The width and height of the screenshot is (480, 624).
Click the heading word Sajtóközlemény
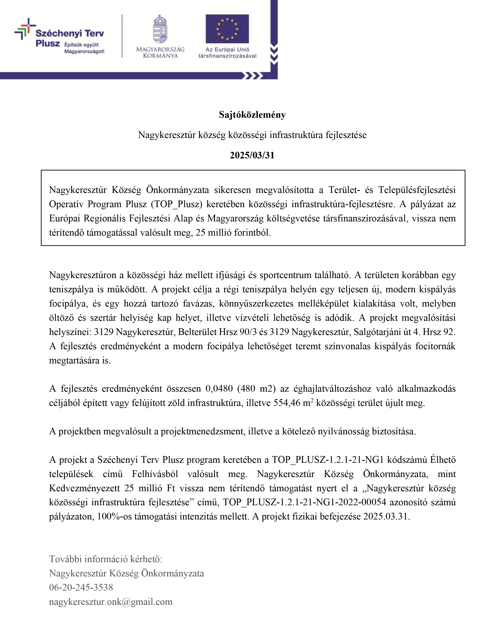(252, 115)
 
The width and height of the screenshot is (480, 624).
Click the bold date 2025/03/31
(252, 155)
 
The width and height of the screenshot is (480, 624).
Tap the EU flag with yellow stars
(227, 29)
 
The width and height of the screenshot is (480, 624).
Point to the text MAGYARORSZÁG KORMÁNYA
(160, 53)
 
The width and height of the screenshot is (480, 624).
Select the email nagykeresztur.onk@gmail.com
(111, 602)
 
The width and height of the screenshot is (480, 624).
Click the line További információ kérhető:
(106, 559)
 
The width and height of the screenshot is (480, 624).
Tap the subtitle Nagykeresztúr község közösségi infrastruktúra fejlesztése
(252, 135)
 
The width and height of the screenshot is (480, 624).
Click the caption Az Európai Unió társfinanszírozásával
(227, 53)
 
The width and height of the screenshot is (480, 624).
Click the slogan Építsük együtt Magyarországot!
(84, 48)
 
